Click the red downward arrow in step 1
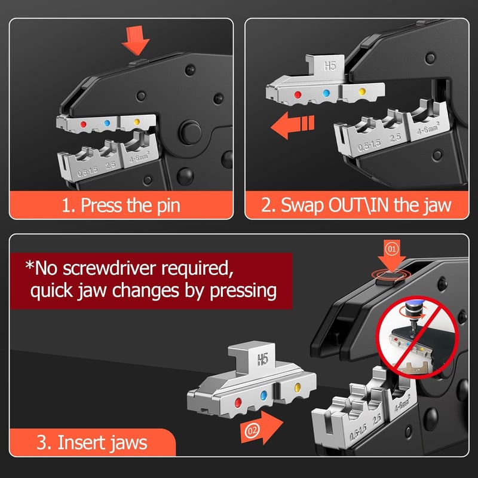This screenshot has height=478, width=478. tap(136, 39)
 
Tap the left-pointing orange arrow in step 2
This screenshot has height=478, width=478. tap(292, 125)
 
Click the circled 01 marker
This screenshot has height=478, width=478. tap(392, 249)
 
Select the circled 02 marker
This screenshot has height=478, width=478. tap(252, 430)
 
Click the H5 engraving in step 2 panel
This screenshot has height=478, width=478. tap(330, 66)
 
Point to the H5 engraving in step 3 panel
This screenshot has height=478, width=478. tap(262, 360)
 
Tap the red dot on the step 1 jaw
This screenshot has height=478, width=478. tap(83, 124)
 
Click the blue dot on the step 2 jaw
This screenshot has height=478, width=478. tap(326, 93)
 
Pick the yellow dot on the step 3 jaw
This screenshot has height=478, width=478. tap(298, 388)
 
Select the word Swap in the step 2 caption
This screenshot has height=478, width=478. tap(302, 206)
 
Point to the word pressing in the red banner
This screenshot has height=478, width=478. tap(243, 291)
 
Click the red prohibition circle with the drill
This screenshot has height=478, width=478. tap(416, 338)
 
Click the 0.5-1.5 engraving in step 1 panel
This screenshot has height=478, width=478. tap(88, 172)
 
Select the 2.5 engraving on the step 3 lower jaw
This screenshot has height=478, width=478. tap(377, 421)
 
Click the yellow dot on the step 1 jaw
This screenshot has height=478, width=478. tap(137, 122)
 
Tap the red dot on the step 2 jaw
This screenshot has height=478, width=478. tap(298, 95)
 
